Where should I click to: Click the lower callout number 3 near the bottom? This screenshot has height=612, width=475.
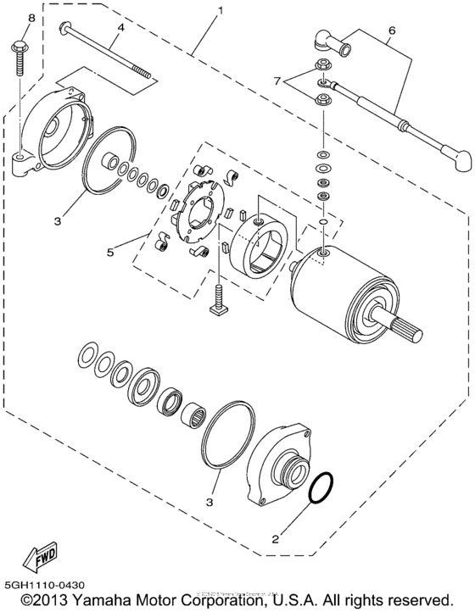pyautogui.click(x=208, y=501)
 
